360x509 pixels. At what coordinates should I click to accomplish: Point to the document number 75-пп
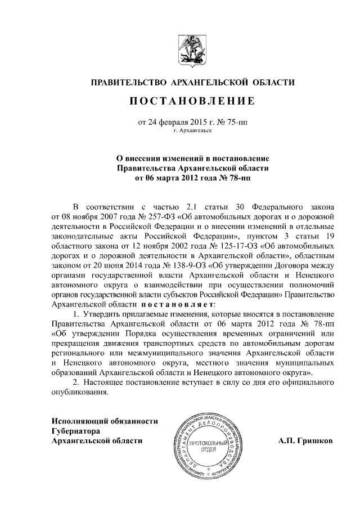(x=236, y=121)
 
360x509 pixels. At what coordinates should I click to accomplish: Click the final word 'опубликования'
(x=78, y=393)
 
